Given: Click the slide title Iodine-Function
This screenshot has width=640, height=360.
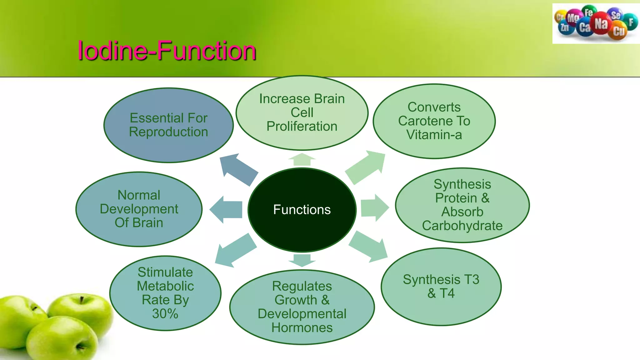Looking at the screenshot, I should click(167, 50).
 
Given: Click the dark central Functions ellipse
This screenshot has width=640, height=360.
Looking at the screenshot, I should click(302, 210).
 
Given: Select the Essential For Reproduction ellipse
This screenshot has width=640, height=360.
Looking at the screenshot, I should click(168, 125).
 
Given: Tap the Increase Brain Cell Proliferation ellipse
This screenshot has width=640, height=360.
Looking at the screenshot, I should click(302, 112).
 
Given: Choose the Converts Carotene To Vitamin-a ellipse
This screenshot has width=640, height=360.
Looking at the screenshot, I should click(434, 121).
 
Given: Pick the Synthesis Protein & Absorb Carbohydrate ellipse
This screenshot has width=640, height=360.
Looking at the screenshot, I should click(462, 205).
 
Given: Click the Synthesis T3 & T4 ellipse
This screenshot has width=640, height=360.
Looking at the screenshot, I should click(441, 287).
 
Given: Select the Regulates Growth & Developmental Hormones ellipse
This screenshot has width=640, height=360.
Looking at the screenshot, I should click(302, 307).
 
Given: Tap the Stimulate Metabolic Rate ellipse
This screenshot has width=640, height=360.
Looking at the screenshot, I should click(165, 293).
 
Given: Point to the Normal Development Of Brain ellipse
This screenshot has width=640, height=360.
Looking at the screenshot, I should click(139, 209).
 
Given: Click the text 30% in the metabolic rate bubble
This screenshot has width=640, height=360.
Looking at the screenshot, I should click(165, 314).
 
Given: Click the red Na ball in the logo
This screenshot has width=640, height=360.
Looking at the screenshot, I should click(601, 23).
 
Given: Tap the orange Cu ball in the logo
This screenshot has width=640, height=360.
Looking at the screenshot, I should click(618, 31).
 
